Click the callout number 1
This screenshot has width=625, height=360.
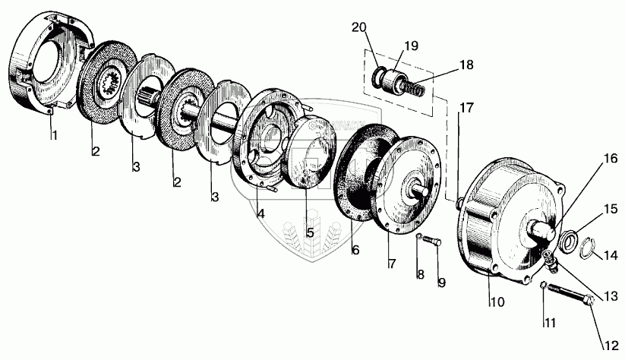pyautogui.click(x=54, y=136)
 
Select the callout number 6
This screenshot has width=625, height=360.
pyautogui.click(x=355, y=249)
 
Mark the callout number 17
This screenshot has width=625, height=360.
pyautogui.click(x=466, y=108)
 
